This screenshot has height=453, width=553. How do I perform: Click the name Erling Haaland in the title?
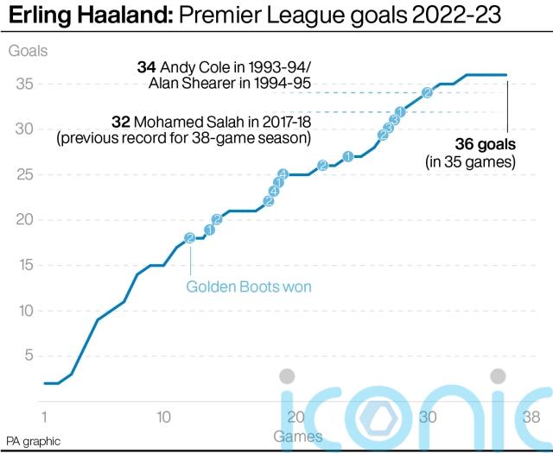pyautogui.click(x=88, y=17)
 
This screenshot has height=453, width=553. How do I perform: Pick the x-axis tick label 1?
pyautogui.click(x=44, y=416)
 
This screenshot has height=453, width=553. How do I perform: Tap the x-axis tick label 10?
pyautogui.click(x=162, y=416)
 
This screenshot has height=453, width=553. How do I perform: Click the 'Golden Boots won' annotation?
pyautogui.click(x=249, y=286)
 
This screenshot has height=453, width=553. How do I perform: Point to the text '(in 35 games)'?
pyautogui.click(x=471, y=161)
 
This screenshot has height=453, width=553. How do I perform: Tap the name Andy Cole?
pyautogui.click(x=191, y=66)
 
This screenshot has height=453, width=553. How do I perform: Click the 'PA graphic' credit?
pyautogui.click(x=34, y=441)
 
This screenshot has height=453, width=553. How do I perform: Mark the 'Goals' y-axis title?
pyautogui.click(x=28, y=50)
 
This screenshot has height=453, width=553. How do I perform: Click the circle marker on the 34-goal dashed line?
pyautogui.click(x=428, y=92)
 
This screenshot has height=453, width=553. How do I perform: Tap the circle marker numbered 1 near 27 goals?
pyautogui.click(x=348, y=156)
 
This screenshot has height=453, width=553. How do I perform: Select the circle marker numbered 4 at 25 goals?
pyautogui.click(x=283, y=174)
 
